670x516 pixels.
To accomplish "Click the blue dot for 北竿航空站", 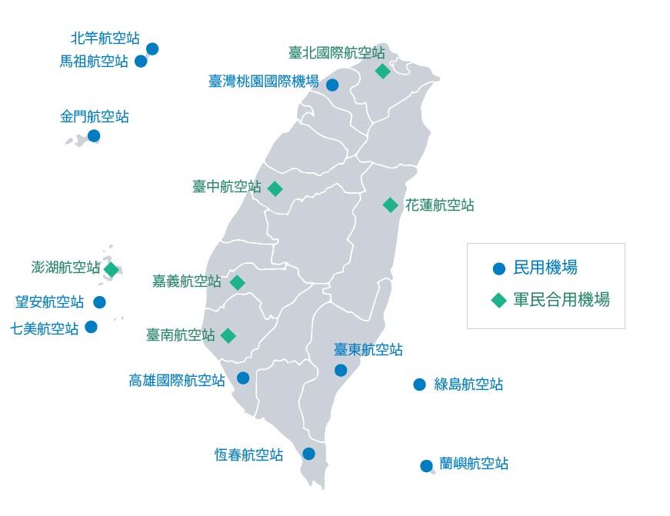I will [x=152, y=48].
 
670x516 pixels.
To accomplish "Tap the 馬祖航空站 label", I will [x=94, y=62].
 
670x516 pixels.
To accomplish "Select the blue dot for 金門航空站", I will [x=94, y=136].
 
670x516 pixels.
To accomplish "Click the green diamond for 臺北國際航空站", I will [x=382, y=72].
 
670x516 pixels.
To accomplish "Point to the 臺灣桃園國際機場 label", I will [x=263, y=81].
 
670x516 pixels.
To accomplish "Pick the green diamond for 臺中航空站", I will [x=275, y=188].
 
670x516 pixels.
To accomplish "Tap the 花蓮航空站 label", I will [x=440, y=205].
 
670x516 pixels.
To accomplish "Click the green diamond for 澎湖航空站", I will [x=112, y=270].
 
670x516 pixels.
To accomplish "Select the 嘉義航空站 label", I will [x=187, y=281].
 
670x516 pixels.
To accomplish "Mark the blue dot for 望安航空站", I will [x=99, y=302].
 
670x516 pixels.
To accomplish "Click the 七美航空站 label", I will [x=45, y=328].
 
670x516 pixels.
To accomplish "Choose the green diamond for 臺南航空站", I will [x=228, y=335].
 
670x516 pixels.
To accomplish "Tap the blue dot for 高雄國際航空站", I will [x=243, y=378].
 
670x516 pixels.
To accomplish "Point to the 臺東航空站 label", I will [x=368, y=350].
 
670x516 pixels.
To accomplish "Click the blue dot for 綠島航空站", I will [x=419, y=385].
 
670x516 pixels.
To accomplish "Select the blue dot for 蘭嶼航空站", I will [x=426, y=465].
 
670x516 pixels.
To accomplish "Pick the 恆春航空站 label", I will [x=248, y=454].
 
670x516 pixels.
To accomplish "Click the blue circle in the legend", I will [x=498, y=269].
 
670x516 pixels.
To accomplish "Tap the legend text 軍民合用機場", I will [x=562, y=300].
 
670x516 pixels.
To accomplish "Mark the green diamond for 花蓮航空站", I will [x=391, y=205].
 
